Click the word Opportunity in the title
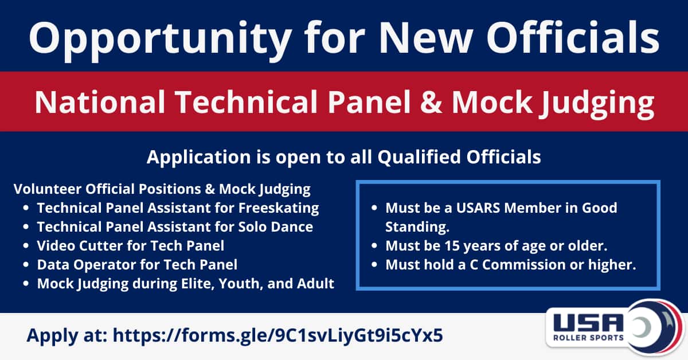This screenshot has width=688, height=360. tap(161, 41)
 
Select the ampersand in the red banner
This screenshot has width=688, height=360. tap(431, 102)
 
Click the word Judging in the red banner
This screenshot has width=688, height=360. tap(597, 104)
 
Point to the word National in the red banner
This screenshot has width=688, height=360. tap(100, 101)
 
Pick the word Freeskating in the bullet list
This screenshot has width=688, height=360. tap(279, 208)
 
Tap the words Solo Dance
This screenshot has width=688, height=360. tap(276, 226)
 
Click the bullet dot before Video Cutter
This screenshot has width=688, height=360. tap(26, 246)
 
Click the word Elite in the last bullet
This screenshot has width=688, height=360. tap(197, 284)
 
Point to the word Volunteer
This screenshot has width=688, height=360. tap(48, 189)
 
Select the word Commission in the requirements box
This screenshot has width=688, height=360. tap(523, 265)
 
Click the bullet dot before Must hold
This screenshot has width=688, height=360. tap(374, 264)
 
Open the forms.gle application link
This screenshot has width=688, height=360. tap(278, 335)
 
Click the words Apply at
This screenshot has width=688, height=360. tap(67, 336)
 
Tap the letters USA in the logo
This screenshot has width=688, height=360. tap(588, 323)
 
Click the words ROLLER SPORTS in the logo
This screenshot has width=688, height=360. tap(588, 338)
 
